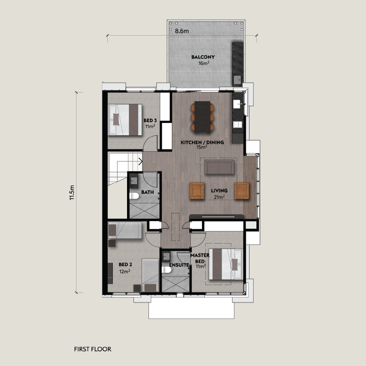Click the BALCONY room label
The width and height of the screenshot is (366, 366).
[203, 57]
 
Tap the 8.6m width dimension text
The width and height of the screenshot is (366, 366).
[182, 31]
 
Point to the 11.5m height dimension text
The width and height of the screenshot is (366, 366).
[72, 192]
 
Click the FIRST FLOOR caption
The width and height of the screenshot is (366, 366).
[93, 349]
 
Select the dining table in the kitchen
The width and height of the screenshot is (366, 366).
[202, 117]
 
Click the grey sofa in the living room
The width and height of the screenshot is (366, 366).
[219, 167]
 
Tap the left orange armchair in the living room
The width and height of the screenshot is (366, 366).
[197, 191]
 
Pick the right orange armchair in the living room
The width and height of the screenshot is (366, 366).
[242, 191]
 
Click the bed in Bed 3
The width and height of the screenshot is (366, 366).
[125, 120]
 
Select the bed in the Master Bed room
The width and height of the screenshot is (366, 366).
[226, 264]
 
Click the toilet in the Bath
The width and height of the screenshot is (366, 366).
[134, 196]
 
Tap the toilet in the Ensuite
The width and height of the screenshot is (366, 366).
[166, 270]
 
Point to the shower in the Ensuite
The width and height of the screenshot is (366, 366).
[175, 284]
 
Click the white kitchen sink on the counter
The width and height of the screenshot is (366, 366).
[237, 104]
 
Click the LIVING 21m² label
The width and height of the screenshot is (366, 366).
[219, 194]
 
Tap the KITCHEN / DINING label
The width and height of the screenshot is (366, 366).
[202, 143]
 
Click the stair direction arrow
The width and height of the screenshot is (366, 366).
[141, 161]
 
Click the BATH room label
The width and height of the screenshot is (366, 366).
[148, 192]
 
